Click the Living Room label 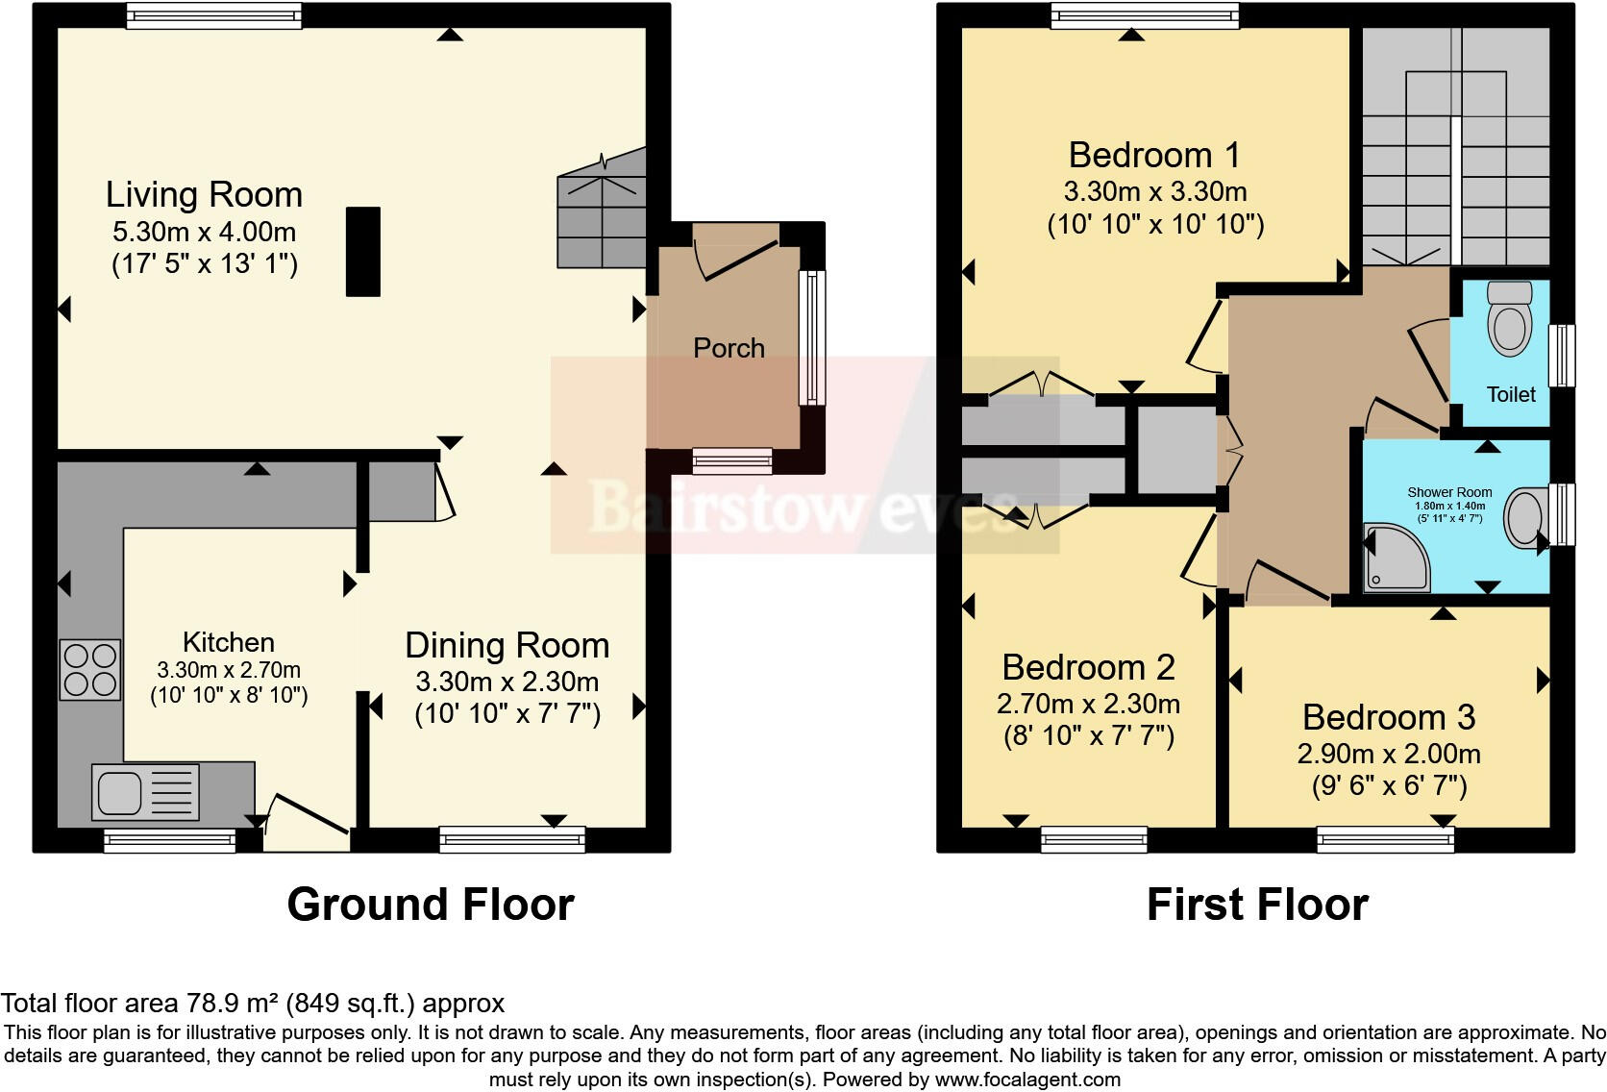(x=204, y=194)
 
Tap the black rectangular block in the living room (x=363, y=252)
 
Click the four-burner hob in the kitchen (x=90, y=670)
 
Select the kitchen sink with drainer (x=146, y=792)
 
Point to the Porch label (x=729, y=348)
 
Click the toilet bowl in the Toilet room (x=1509, y=319)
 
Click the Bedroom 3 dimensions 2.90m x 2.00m (x=1389, y=754)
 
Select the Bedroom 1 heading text (x=1154, y=155)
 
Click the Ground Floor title (x=431, y=905)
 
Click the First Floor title (x=1257, y=905)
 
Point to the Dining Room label (x=507, y=645)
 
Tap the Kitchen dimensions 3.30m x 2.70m (x=229, y=670)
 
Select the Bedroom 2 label (x=1088, y=667)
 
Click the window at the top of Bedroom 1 (x=1145, y=15)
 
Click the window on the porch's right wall (x=812, y=337)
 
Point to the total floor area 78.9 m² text (x=252, y=1004)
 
